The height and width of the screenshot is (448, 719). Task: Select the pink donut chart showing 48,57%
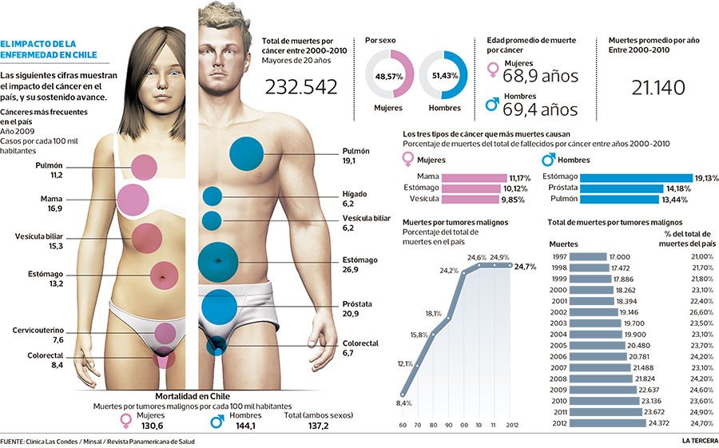[390, 75]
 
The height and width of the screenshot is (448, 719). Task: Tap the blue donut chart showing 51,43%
[443, 75]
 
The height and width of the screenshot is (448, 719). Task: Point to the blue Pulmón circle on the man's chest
[246, 153]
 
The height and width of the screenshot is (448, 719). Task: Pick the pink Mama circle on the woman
[133, 200]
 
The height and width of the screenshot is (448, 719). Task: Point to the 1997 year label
[560, 256]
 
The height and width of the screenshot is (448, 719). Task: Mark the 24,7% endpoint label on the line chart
[524, 266]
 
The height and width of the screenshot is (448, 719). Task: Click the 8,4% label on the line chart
[404, 403]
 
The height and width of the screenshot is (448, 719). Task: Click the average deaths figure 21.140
[651, 87]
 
